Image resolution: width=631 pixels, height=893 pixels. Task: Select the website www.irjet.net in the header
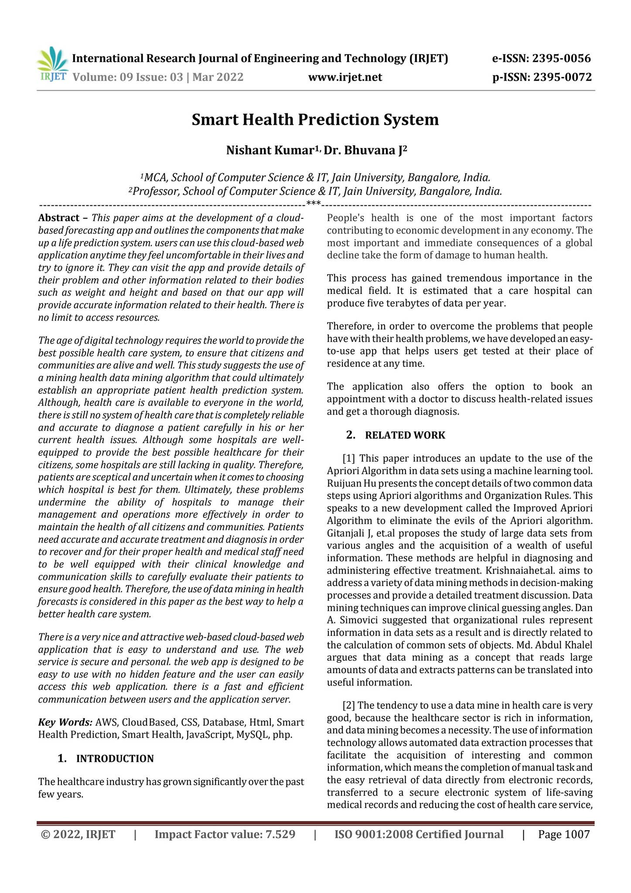pos(345,78)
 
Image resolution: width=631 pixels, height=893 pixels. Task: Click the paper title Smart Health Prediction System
pos(315,119)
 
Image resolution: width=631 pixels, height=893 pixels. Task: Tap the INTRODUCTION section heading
pos(115,759)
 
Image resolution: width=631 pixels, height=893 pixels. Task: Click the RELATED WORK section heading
pos(405,435)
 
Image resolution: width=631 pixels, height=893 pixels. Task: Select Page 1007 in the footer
pos(564,835)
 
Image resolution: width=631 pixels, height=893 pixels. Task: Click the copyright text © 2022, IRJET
pos(78,835)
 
